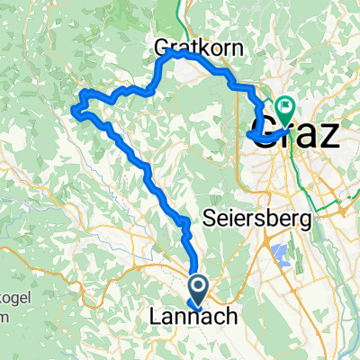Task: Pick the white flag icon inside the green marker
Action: tap(285, 107)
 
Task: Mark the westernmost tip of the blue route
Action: tap(73, 111)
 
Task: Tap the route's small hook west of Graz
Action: tap(248, 136)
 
